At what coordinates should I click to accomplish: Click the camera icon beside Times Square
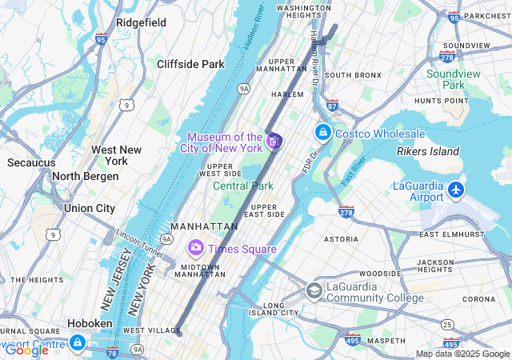click(x=194, y=249)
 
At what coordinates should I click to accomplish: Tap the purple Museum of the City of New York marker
click(x=274, y=142)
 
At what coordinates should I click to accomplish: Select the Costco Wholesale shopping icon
click(x=322, y=132)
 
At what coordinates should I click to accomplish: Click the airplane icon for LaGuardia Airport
click(x=456, y=190)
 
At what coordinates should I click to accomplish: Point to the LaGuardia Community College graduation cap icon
click(x=314, y=290)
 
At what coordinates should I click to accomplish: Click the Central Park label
click(x=243, y=186)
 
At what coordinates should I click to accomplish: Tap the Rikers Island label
click(x=428, y=151)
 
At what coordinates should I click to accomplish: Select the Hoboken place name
click(x=90, y=323)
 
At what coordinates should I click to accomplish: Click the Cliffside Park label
click(x=190, y=64)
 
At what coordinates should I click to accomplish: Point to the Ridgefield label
click(x=141, y=22)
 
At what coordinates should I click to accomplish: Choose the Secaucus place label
click(x=31, y=162)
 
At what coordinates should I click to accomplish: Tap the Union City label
click(x=90, y=208)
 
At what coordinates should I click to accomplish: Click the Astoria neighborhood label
click(x=341, y=238)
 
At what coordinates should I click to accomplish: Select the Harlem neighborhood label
click(x=287, y=94)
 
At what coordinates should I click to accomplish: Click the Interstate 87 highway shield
click(x=333, y=106)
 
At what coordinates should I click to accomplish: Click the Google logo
click(x=26, y=350)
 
